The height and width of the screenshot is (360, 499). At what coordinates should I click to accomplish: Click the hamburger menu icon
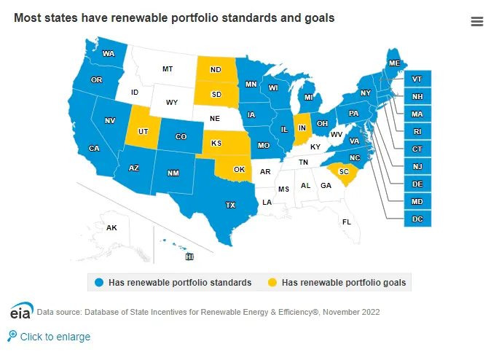[477, 21]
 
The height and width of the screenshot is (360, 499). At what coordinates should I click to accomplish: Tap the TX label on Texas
[231, 206]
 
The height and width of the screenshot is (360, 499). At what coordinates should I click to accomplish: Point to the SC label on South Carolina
[344, 172]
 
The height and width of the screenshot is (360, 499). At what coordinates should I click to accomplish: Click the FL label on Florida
[347, 222]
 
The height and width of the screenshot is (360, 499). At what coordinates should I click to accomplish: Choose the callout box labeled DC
[417, 219]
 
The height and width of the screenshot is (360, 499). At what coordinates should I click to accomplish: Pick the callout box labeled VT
[417, 79]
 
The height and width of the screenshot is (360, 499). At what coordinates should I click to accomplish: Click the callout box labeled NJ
[417, 166]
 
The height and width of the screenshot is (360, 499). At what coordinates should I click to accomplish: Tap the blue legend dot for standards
[99, 282]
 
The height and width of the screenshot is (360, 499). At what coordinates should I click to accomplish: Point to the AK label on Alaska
[111, 228]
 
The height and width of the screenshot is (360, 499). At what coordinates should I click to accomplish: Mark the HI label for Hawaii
[189, 257]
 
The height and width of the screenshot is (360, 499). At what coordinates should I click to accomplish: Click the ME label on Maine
[394, 63]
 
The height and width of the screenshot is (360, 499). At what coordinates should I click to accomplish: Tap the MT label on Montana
[168, 69]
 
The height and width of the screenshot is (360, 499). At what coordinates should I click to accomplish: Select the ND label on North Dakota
[216, 71]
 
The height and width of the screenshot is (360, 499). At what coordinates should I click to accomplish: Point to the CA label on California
[94, 149]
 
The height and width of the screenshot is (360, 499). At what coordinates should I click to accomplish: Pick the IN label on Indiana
[302, 128]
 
